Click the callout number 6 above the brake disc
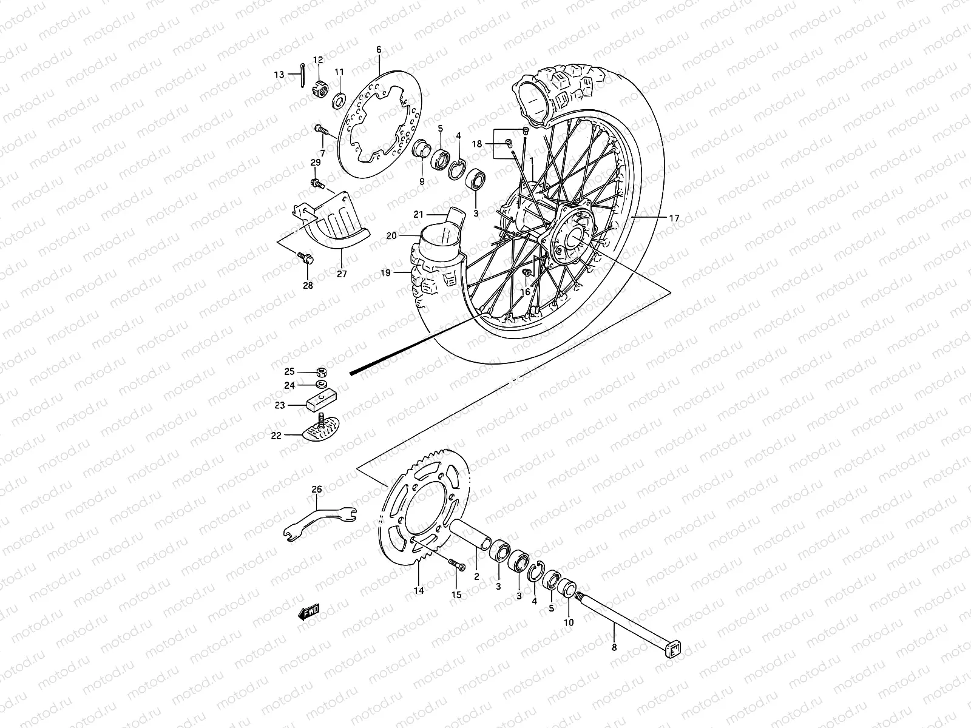(x=379, y=50)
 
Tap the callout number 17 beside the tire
(x=674, y=218)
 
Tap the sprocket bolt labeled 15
(x=457, y=565)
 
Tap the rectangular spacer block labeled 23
(x=317, y=401)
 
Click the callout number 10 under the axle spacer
(x=569, y=622)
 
